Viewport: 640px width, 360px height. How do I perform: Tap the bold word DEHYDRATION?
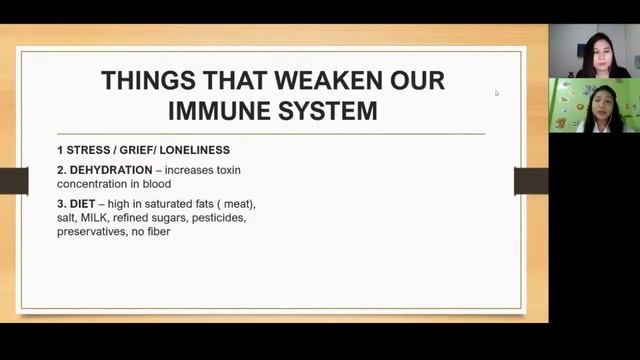coord(110,171)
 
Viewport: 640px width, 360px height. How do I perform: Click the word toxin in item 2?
coord(226,171)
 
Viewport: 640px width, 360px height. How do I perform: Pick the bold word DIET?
coord(82,204)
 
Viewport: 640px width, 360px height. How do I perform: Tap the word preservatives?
coord(91,231)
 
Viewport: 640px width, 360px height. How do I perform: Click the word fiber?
coord(158,231)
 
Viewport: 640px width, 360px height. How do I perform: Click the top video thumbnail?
coord(594,50)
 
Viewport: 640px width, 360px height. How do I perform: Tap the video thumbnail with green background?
coord(594,106)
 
